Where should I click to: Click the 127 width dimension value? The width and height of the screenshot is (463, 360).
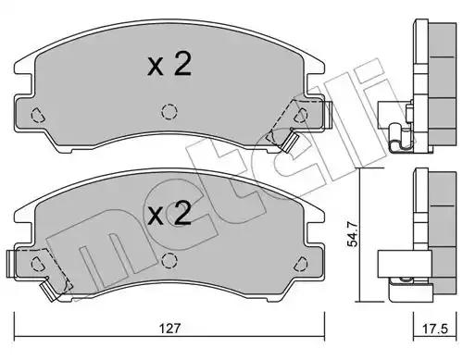[169, 329]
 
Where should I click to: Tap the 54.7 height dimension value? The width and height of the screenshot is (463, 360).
[352, 235]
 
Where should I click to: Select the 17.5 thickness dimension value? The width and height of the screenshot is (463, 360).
[434, 329]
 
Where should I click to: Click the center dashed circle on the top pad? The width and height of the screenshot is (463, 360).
[169, 112]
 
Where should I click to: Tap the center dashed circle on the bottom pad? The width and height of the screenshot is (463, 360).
[169, 260]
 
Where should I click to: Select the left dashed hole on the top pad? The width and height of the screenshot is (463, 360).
[37, 116]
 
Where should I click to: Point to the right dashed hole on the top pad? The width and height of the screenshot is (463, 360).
[301, 116]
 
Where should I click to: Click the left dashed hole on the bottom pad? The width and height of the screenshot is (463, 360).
[37, 264]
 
